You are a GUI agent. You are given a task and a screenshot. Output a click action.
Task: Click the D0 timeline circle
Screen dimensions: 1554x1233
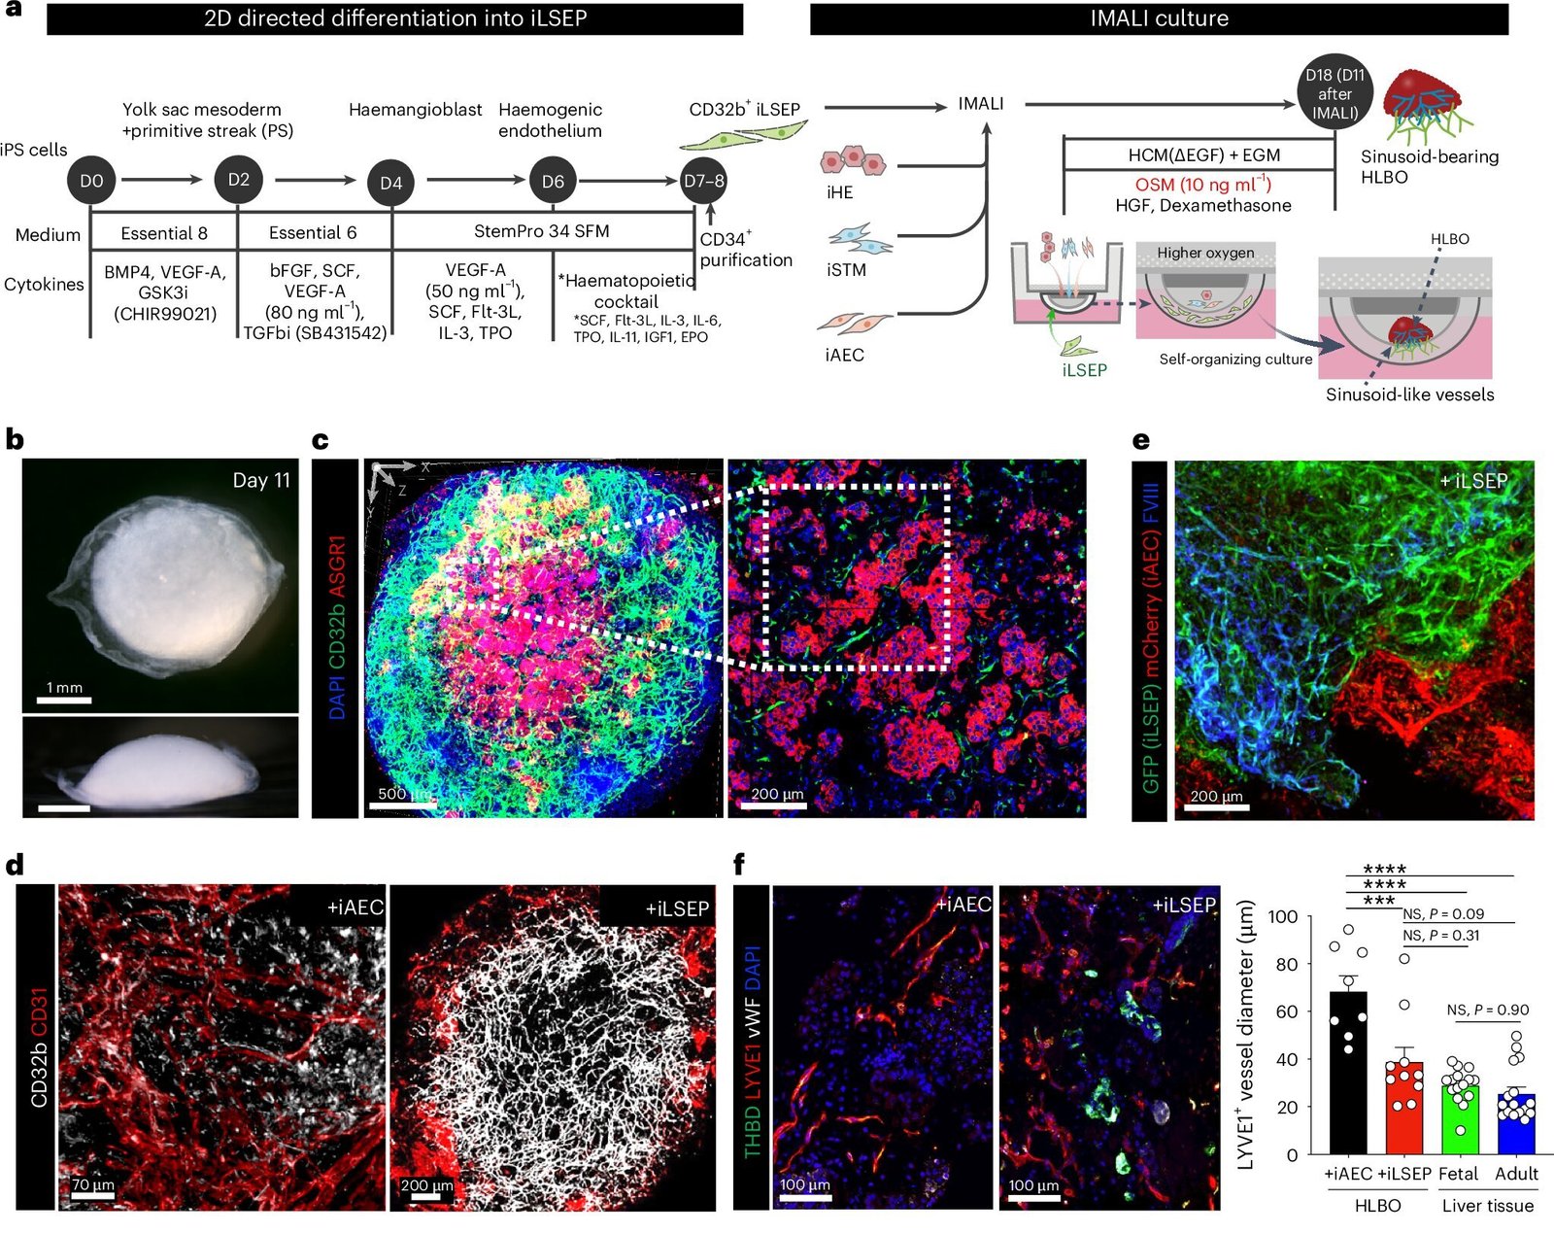[91, 181]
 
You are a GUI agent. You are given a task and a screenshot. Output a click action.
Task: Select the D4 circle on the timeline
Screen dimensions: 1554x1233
[391, 183]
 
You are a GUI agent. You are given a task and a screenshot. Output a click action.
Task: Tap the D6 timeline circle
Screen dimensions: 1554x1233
[553, 181]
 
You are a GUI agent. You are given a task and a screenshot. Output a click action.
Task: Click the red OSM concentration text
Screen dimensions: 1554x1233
[1203, 184]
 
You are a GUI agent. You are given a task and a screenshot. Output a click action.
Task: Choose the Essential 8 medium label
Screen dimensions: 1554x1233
[164, 233]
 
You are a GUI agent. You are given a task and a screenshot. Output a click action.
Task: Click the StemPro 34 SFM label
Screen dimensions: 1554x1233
[542, 231]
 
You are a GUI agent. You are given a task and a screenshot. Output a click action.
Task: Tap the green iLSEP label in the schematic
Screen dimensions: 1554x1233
[1085, 370]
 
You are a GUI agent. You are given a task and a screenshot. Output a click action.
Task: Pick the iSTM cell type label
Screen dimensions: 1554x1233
[846, 269]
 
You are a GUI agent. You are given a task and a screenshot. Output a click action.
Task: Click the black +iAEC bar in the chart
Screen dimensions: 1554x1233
[1347, 1073]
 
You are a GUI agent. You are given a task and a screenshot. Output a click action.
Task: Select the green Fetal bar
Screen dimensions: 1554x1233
[1460, 1119]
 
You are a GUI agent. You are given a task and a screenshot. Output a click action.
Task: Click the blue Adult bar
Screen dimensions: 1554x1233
[1516, 1124]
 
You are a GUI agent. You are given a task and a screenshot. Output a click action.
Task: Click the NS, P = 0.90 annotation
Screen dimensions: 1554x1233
[1488, 1010]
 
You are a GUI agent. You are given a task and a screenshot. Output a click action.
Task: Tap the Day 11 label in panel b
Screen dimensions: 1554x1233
[260, 480]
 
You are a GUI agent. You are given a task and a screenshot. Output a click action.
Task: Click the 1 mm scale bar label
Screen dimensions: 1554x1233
[65, 687]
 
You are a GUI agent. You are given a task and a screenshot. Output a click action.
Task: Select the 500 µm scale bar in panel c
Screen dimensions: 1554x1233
[402, 805]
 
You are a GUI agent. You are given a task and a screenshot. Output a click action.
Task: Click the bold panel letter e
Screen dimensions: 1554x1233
[1141, 440]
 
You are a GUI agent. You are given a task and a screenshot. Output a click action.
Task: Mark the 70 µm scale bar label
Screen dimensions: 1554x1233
[93, 1184]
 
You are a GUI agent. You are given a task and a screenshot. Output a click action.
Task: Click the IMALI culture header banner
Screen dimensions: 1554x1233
[1159, 18]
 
